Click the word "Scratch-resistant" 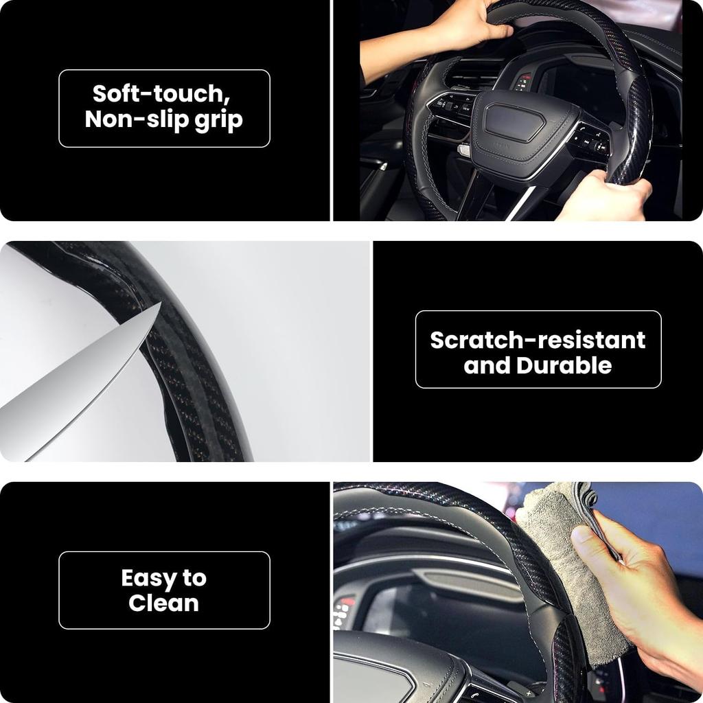click(x=538, y=340)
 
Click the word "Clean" click(x=163, y=603)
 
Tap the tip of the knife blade click(x=159, y=303)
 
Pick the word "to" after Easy click(x=194, y=578)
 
